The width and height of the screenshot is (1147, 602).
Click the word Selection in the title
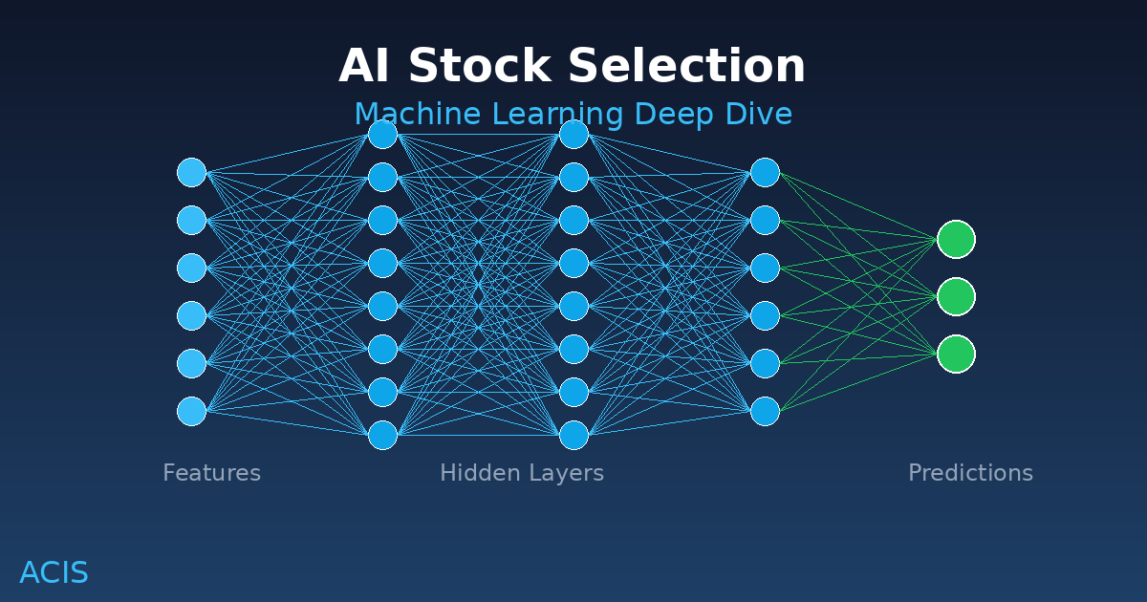[x=686, y=68]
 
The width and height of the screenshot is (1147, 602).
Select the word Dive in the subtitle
[x=760, y=115]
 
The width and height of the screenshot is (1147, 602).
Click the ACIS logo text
[x=54, y=573]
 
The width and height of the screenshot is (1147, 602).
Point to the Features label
[x=211, y=473]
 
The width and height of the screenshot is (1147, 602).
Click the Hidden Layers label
[x=521, y=473]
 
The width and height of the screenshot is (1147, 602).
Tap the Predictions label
[x=970, y=473]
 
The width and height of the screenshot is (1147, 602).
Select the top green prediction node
[x=956, y=239]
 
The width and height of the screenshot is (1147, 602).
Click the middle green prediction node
[x=956, y=296]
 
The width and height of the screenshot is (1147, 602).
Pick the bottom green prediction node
[x=956, y=354]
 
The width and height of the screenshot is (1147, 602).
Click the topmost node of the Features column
[x=191, y=172]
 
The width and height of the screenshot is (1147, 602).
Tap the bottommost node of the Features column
[x=191, y=411]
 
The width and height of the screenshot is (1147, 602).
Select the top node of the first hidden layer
[x=382, y=134]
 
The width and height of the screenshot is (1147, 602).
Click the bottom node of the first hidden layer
[x=382, y=435]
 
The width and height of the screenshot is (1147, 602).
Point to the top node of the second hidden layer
[x=573, y=134]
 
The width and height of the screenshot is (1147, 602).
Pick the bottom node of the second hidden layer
[x=573, y=435]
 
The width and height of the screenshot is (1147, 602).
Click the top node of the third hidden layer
[x=765, y=172]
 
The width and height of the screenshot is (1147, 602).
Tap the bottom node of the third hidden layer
[x=765, y=411]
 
